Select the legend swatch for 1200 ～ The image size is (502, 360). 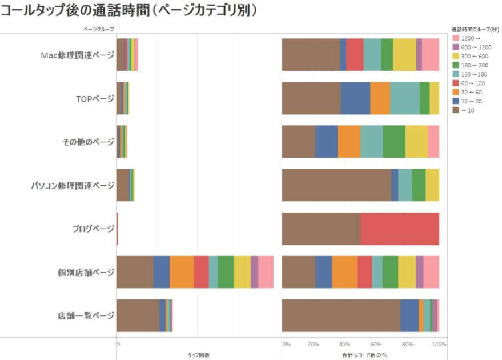[x=455, y=38]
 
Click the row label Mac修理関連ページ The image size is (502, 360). [x=77, y=55]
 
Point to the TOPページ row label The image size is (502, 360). [x=95, y=98]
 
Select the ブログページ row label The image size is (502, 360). [x=93, y=229]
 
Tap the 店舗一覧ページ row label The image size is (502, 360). [x=86, y=315]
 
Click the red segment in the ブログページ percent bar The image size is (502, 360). [x=400, y=229]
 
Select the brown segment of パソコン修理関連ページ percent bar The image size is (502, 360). [x=336, y=185]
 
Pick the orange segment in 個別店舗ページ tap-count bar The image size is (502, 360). [x=182, y=272]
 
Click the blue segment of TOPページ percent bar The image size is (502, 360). [x=355, y=98]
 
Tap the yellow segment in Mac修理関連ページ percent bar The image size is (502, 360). [x=404, y=55]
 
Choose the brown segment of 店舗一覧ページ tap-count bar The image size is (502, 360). [x=138, y=315]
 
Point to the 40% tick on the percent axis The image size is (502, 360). [x=344, y=345]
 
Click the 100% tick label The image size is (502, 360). [x=439, y=345]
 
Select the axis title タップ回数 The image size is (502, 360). [x=198, y=355]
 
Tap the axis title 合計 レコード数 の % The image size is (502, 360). [x=364, y=355]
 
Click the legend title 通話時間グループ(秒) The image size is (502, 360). [x=475, y=29]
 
